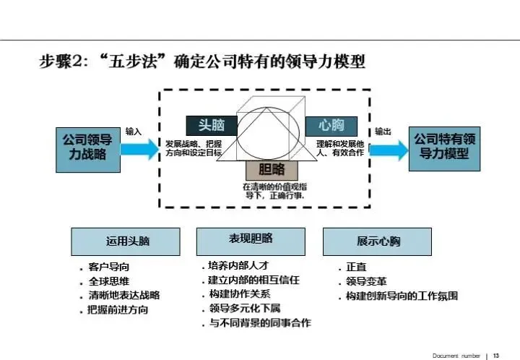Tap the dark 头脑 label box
(212, 126)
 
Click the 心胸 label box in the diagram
(331, 126)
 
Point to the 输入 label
(134, 132)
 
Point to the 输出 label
(383, 132)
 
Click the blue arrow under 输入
(138, 149)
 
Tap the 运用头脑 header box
(126, 241)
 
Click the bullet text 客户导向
(109, 267)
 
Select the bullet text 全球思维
(109, 281)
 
